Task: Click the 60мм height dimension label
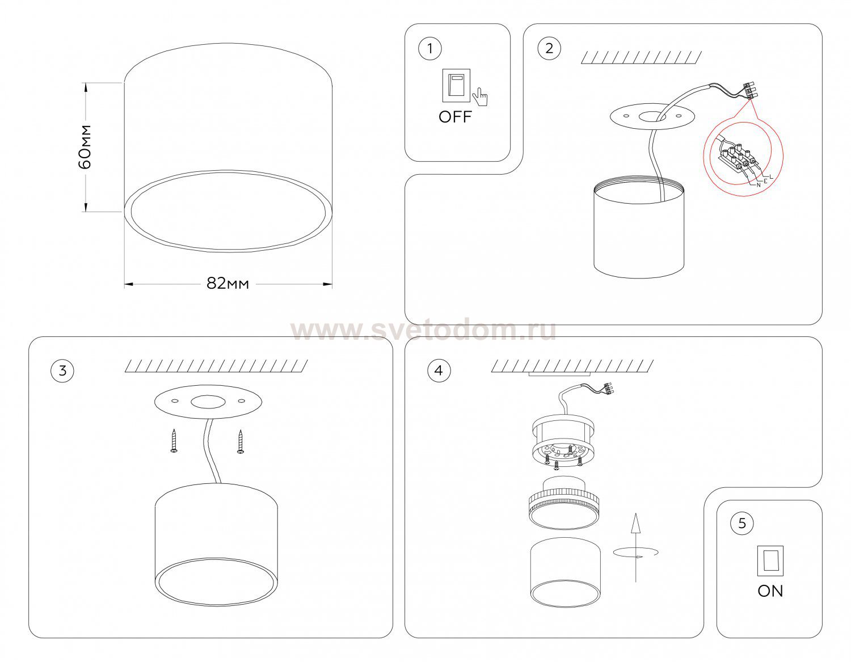click(85, 147)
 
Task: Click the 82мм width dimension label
click(228, 284)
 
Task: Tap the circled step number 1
click(429, 49)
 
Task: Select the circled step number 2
click(549, 48)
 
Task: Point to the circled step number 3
click(62, 370)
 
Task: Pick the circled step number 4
click(439, 370)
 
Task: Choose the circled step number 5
click(742, 524)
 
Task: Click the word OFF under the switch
click(455, 117)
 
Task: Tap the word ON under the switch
click(770, 591)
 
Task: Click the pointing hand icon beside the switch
click(480, 97)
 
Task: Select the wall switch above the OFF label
click(456, 85)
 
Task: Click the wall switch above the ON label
click(770, 561)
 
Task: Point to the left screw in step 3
click(174, 441)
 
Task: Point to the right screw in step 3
click(241, 441)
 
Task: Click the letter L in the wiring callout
click(772, 176)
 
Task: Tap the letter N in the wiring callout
click(759, 185)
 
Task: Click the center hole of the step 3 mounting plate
click(208, 402)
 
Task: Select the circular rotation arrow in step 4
click(635, 553)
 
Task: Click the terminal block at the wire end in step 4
click(608, 389)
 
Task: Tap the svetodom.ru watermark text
click(423, 331)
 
